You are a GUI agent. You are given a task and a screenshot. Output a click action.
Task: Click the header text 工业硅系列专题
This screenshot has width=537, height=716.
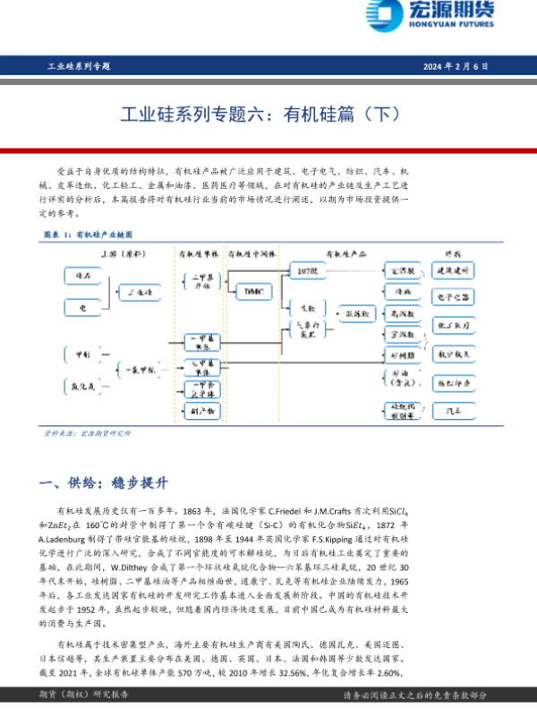point(78,66)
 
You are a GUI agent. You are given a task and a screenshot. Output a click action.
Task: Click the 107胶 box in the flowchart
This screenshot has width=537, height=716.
point(307,269)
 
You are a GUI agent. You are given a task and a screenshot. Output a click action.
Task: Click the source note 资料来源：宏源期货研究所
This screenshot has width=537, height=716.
point(88,433)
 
